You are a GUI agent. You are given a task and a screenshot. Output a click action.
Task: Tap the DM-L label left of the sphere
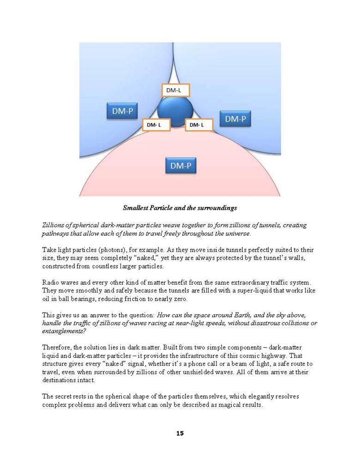point(156,125)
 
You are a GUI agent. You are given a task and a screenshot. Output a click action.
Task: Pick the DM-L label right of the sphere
point(198,125)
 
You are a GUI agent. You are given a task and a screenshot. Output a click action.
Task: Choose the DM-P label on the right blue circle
point(235,119)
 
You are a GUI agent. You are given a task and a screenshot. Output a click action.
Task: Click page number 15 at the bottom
point(180,433)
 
